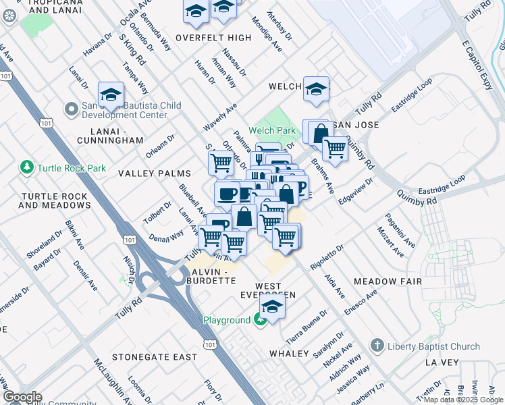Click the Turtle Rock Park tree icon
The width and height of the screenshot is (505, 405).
click(x=27, y=167)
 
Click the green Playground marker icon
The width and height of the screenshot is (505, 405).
click(x=260, y=321)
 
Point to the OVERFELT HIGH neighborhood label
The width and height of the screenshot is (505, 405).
click(x=213, y=38)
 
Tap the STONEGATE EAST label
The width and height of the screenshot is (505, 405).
click(x=155, y=356)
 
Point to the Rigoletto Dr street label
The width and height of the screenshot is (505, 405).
click(x=327, y=256)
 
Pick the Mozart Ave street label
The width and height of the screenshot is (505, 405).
click(x=395, y=242)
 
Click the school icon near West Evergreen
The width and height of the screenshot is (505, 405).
click(x=272, y=307)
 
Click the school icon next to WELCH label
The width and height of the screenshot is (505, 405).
click(x=316, y=89)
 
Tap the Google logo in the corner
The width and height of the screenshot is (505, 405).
click(x=22, y=398)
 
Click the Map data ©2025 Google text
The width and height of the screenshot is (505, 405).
click(x=463, y=400)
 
